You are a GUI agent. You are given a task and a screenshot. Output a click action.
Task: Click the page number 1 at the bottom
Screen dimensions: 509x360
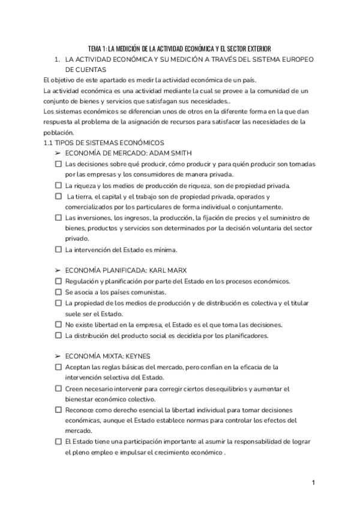[x=314, y=482]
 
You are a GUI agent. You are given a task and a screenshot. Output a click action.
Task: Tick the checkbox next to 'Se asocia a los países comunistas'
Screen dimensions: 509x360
[x=58, y=292]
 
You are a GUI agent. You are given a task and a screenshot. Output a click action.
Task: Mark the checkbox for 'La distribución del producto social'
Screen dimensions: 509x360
[x=58, y=336]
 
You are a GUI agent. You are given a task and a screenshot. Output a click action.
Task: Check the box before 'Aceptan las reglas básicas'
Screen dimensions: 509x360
[x=58, y=367]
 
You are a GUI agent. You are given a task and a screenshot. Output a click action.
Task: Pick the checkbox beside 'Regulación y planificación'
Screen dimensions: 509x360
[x=58, y=282]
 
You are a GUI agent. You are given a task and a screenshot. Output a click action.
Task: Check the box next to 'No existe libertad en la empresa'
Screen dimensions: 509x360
[x=58, y=325]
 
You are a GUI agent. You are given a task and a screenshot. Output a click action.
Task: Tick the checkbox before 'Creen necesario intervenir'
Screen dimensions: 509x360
[x=58, y=389]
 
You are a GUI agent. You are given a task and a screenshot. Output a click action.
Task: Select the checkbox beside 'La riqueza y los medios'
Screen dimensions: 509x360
[x=58, y=185]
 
